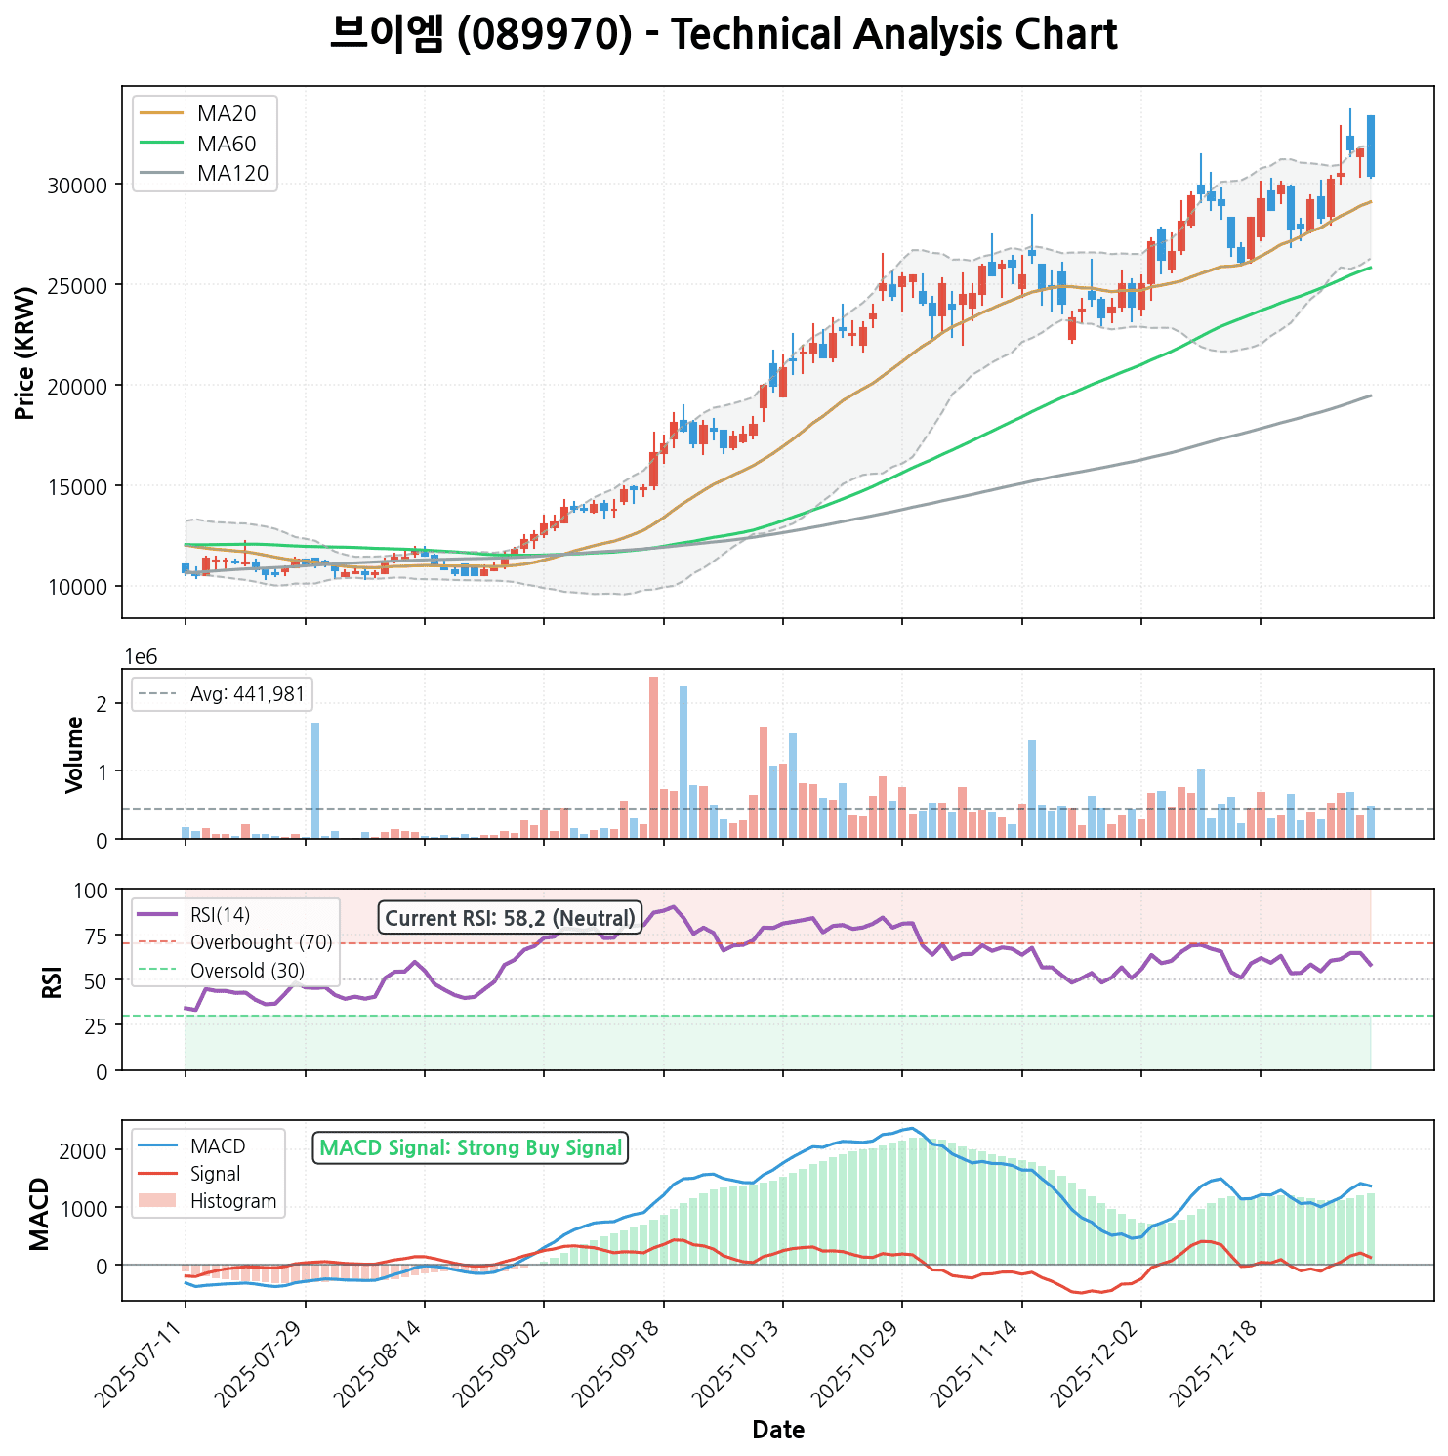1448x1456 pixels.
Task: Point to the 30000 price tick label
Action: [x=76, y=186]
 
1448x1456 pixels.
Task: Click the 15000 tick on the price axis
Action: [x=76, y=486]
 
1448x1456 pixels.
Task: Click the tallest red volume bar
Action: [x=653, y=758]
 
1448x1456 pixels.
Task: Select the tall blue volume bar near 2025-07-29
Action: [x=315, y=780]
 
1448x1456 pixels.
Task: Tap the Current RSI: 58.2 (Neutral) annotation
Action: [x=510, y=918]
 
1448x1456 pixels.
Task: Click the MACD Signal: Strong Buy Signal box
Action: [x=471, y=1148]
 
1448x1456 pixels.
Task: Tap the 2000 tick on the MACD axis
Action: [x=90, y=1150]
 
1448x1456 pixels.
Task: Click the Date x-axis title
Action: [x=778, y=1431]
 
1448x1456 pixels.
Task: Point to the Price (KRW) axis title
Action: [x=26, y=353]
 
